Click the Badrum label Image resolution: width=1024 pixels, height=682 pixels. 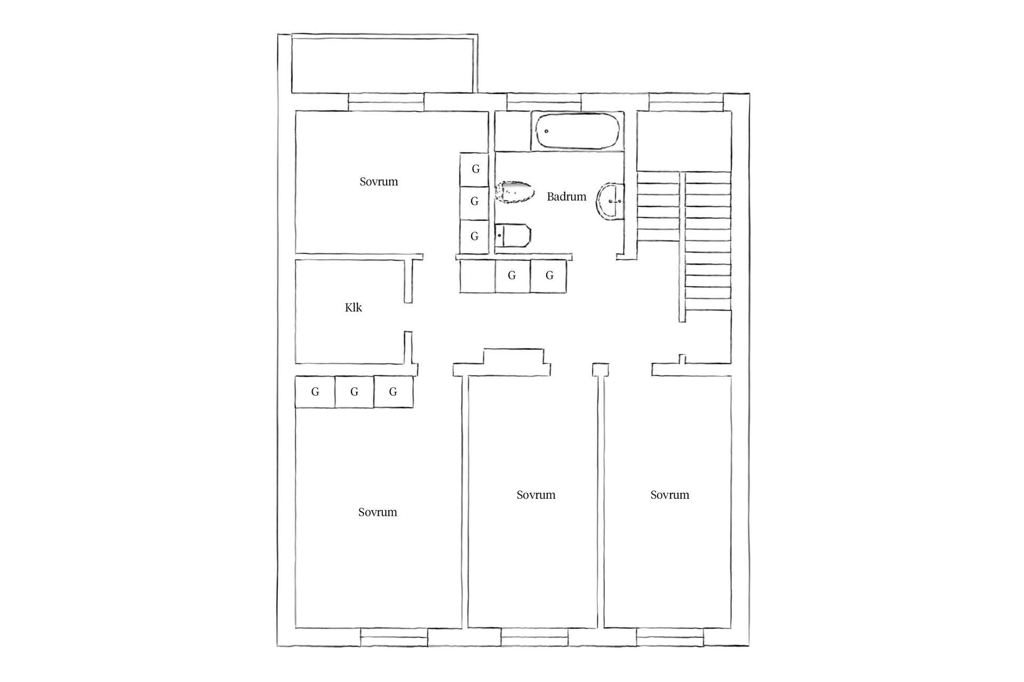pyautogui.click(x=566, y=197)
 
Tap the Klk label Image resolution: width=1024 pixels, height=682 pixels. pyautogui.click(x=353, y=307)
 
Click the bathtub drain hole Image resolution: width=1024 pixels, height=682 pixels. pyautogui.click(x=547, y=131)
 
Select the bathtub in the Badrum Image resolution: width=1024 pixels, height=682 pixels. pyautogui.click(x=578, y=131)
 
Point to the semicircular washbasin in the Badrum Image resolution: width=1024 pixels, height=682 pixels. pyautogui.click(x=611, y=201)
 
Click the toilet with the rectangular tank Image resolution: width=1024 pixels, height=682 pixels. pyautogui.click(x=513, y=236)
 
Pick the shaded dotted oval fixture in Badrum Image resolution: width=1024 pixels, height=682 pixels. pyautogui.click(x=515, y=193)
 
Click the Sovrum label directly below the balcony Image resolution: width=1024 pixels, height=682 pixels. pyautogui.click(x=379, y=182)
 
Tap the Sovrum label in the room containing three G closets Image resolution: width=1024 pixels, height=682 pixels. pyautogui.click(x=378, y=513)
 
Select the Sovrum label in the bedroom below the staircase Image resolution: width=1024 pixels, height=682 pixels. pyautogui.click(x=670, y=495)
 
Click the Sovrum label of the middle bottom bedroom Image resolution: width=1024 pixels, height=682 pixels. pyautogui.click(x=536, y=495)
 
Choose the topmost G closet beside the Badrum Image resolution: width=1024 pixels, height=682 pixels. pyautogui.click(x=475, y=169)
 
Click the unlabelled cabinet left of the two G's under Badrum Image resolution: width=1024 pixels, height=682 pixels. pyautogui.click(x=477, y=276)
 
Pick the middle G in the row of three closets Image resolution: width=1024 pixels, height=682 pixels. pyautogui.click(x=354, y=392)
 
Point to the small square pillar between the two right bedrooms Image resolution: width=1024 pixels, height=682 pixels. pyautogui.click(x=601, y=369)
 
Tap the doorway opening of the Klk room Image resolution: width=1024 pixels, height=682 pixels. pyautogui.click(x=408, y=317)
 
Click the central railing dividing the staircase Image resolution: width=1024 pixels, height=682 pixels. pyautogui.click(x=682, y=247)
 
